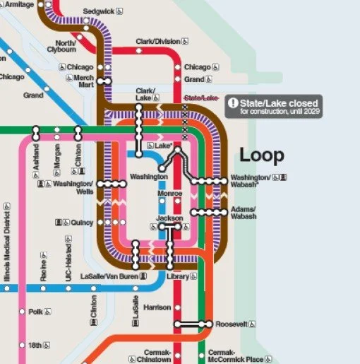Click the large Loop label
[261, 155]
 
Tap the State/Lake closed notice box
[274, 107]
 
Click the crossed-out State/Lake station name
[201, 98]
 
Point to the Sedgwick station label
[98, 12]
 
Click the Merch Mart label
[84, 81]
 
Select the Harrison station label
[157, 307]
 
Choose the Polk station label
[35, 311]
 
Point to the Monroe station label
[170, 193]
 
